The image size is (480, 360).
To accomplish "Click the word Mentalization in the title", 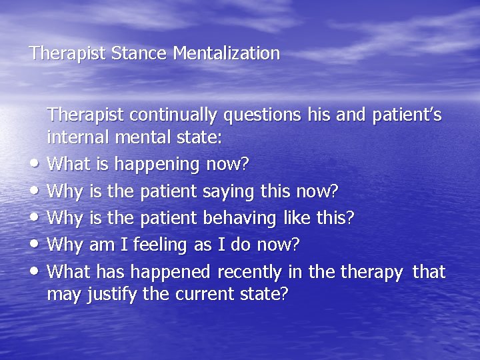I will [226, 53].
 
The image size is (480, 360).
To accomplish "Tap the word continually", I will [175, 115].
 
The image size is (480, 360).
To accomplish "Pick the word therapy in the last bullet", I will [371, 272].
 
